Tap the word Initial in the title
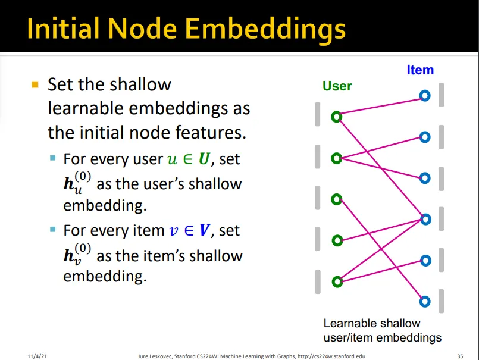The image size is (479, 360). click(x=63, y=29)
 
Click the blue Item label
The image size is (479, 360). click(x=420, y=70)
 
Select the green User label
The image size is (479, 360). click(x=337, y=86)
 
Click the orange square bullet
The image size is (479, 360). click(x=35, y=84)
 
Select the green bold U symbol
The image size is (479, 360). click(x=204, y=159)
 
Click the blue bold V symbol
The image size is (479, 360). click(x=204, y=230)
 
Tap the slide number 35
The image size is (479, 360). click(x=460, y=356)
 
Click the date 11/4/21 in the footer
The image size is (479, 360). click(x=37, y=356)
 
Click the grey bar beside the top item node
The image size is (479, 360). click(x=441, y=95)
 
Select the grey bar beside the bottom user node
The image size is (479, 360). click(x=318, y=282)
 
